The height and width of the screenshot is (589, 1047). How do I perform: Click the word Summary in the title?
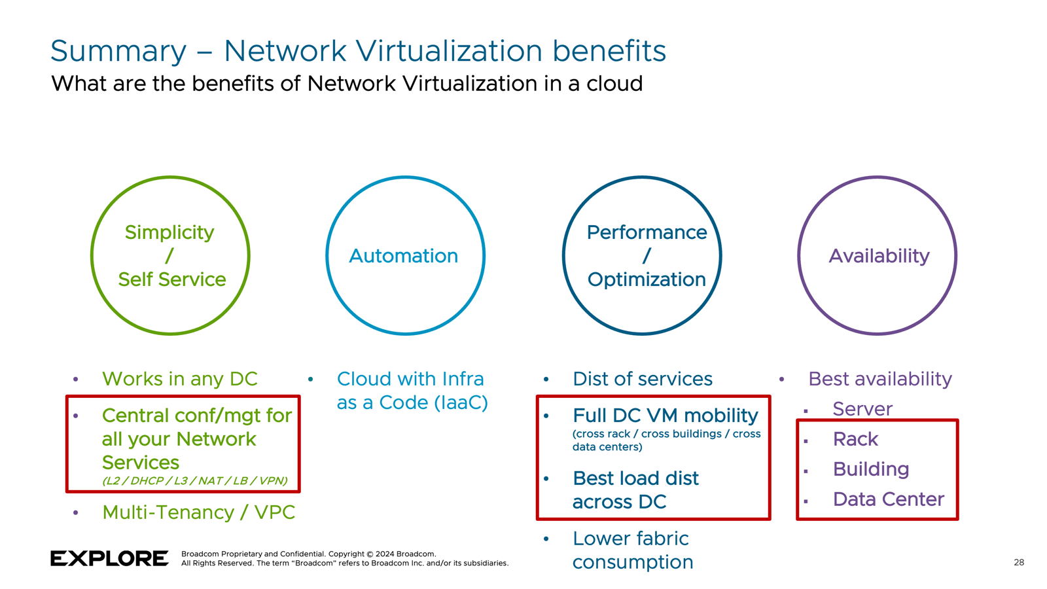118,51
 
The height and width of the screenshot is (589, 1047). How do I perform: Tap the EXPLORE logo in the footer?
109,558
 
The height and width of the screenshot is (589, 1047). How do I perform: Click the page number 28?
1019,562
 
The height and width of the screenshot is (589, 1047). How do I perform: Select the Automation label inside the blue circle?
403,256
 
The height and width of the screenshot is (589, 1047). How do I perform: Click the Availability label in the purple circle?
879,256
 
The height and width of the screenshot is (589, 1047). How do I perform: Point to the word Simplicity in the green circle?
169,232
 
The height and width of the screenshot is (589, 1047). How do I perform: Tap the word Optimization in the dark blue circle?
647,279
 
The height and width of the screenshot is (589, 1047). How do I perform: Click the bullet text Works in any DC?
179,379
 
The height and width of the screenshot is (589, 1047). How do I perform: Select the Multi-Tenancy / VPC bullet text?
198,512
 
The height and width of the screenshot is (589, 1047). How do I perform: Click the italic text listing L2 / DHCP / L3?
194,481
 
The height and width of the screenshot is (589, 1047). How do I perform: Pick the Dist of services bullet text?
642,379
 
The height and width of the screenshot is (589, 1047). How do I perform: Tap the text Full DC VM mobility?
665,416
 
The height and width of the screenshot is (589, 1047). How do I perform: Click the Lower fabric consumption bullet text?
631,550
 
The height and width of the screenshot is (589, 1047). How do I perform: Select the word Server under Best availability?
862,409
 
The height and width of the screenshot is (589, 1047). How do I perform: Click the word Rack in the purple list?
855,439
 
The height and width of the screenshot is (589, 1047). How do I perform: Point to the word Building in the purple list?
870,469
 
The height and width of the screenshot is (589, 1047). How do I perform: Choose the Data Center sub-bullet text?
888,499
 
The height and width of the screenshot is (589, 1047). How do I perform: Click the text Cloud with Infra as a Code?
412,391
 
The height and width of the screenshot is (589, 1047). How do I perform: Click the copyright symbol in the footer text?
370,554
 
